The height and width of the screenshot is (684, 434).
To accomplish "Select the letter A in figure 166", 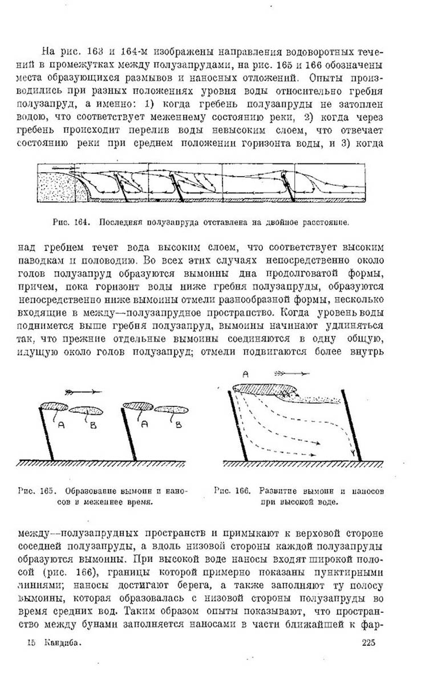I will pyautogui.click(x=246, y=374).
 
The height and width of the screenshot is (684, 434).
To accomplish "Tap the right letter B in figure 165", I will pyautogui.click(x=178, y=424).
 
